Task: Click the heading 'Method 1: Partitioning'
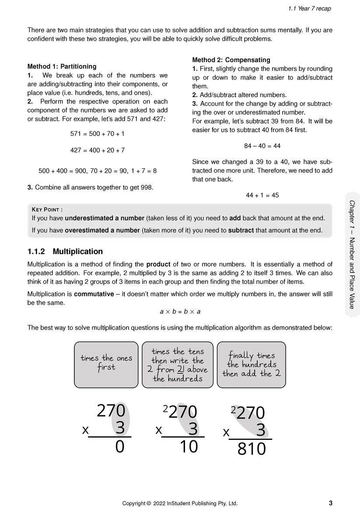tap(62, 66)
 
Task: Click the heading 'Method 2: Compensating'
tap(231, 60)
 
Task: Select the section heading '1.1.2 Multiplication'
tap(65, 251)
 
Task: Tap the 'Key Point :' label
tap(47, 209)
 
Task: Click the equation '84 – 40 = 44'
tap(262, 146)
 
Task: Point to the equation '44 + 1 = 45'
tap(262, 195)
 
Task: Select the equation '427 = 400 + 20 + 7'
tap(98, 150)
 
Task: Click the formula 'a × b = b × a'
tap(180, 312)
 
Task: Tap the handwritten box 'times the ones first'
tap(106, 364)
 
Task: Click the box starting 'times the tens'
tap(178, 364)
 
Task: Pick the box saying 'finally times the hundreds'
tap(251, 364)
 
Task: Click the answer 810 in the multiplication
tap(252, 449)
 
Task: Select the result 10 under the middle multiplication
tap(189, 447)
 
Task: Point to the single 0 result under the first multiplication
tap(120, 447)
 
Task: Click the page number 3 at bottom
tap(330, 503)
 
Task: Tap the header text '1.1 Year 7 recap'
tap(310, 8)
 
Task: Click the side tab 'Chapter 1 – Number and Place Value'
tap(352, 254)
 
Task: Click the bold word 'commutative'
tap(94, 294)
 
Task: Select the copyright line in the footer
tap(180, 503)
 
